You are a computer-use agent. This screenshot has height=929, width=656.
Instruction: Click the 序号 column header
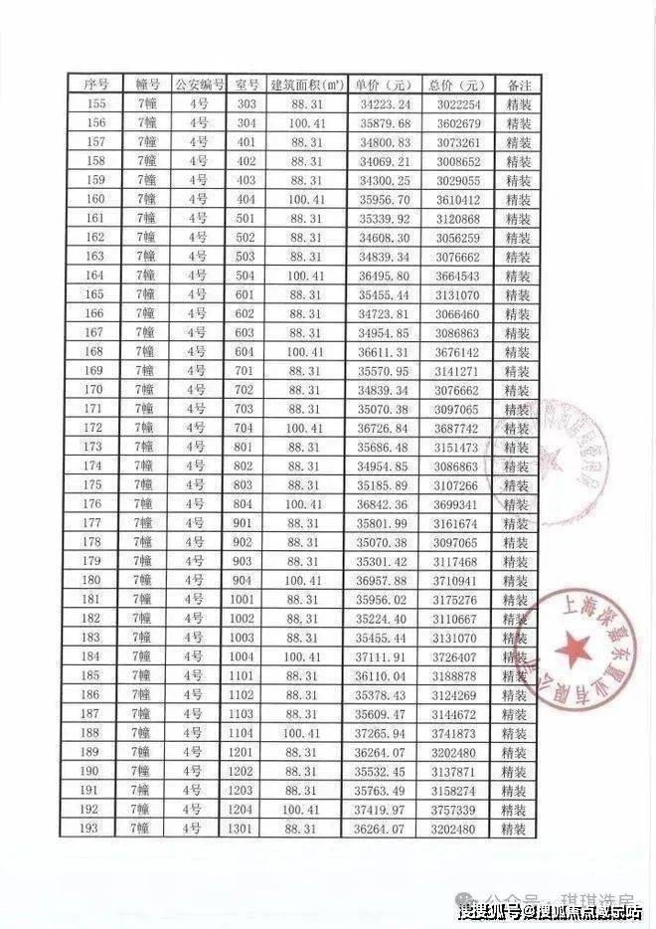[95, 85]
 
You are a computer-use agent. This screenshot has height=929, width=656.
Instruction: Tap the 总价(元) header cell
[457, 85]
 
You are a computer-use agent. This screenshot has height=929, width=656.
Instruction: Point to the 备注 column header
[517, 85]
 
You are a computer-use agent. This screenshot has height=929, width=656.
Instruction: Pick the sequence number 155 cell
[95, 103]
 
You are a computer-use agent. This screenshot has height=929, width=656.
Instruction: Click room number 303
[247, 103]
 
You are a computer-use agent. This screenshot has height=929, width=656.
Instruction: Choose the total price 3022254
[457, 103]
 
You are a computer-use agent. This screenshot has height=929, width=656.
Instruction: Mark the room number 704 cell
[247, 428]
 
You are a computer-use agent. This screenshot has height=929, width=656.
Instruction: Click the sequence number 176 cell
[95, 504]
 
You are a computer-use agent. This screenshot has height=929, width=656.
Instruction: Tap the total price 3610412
[457, 199]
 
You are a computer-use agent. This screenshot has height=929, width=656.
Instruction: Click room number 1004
[247, 656]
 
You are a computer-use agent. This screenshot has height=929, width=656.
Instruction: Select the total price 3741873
[457, 733]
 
